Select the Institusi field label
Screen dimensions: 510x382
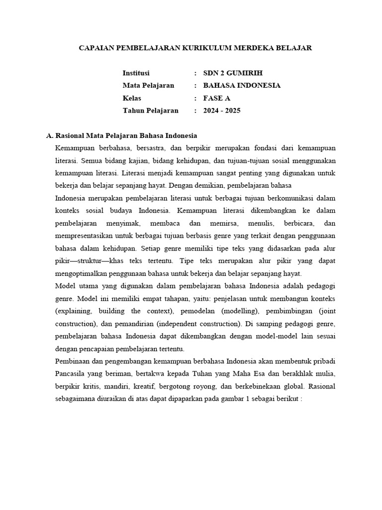[136, 73]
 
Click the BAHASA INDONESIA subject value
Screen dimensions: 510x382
[242, 85]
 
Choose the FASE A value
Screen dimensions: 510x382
[217, 98]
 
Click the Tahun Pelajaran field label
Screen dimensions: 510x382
[150, 111]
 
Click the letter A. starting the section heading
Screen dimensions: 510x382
[49, 135]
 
